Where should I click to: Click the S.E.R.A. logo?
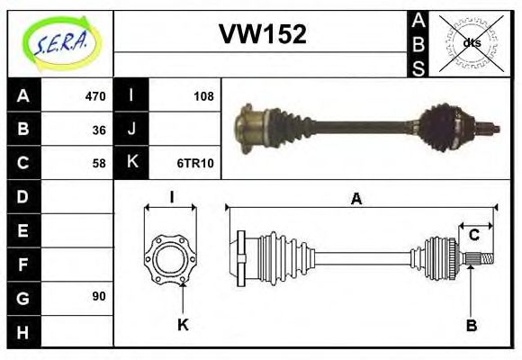(x=59, y=42)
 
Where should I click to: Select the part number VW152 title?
(x=263, y=35)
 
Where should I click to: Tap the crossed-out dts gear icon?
(x=471, y=42)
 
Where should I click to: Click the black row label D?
(x=23, y=196)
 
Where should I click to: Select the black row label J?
(x=131, y=130)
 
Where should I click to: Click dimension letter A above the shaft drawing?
(x=356, y=200)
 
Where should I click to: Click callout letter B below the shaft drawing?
(x=471, y=324)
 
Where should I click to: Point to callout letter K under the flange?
(x=183, y=324)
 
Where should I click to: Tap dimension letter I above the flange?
(x=171, y=196)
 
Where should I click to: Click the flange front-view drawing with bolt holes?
(x=170, y=257)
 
